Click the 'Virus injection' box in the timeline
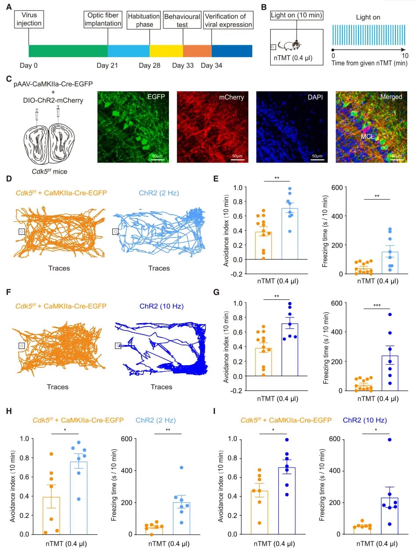tap(29, 20)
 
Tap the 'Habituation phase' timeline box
tap(144, 20)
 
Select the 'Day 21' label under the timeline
tap(108, 65)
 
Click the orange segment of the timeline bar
tap(197, 51)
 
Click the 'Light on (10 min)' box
tap(297, 16)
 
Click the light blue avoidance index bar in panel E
tap(289, 234)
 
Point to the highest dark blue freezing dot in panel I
tap(389, 439)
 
